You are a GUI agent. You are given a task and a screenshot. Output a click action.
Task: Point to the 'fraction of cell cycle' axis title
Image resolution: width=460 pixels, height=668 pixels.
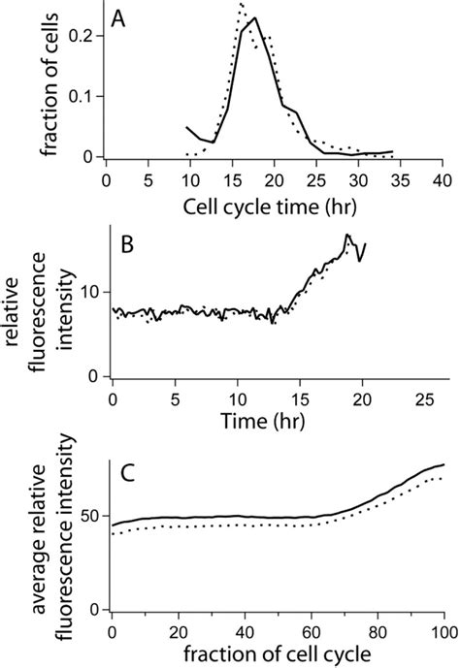pos(276,654)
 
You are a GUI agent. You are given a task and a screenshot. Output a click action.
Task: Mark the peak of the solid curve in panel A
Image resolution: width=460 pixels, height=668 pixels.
pos(254,18)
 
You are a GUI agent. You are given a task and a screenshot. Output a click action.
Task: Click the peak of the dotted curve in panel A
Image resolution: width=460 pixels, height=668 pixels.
pos(240,4)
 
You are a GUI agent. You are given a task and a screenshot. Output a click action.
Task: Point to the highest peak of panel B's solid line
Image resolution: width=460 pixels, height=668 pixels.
pos(346,235)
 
